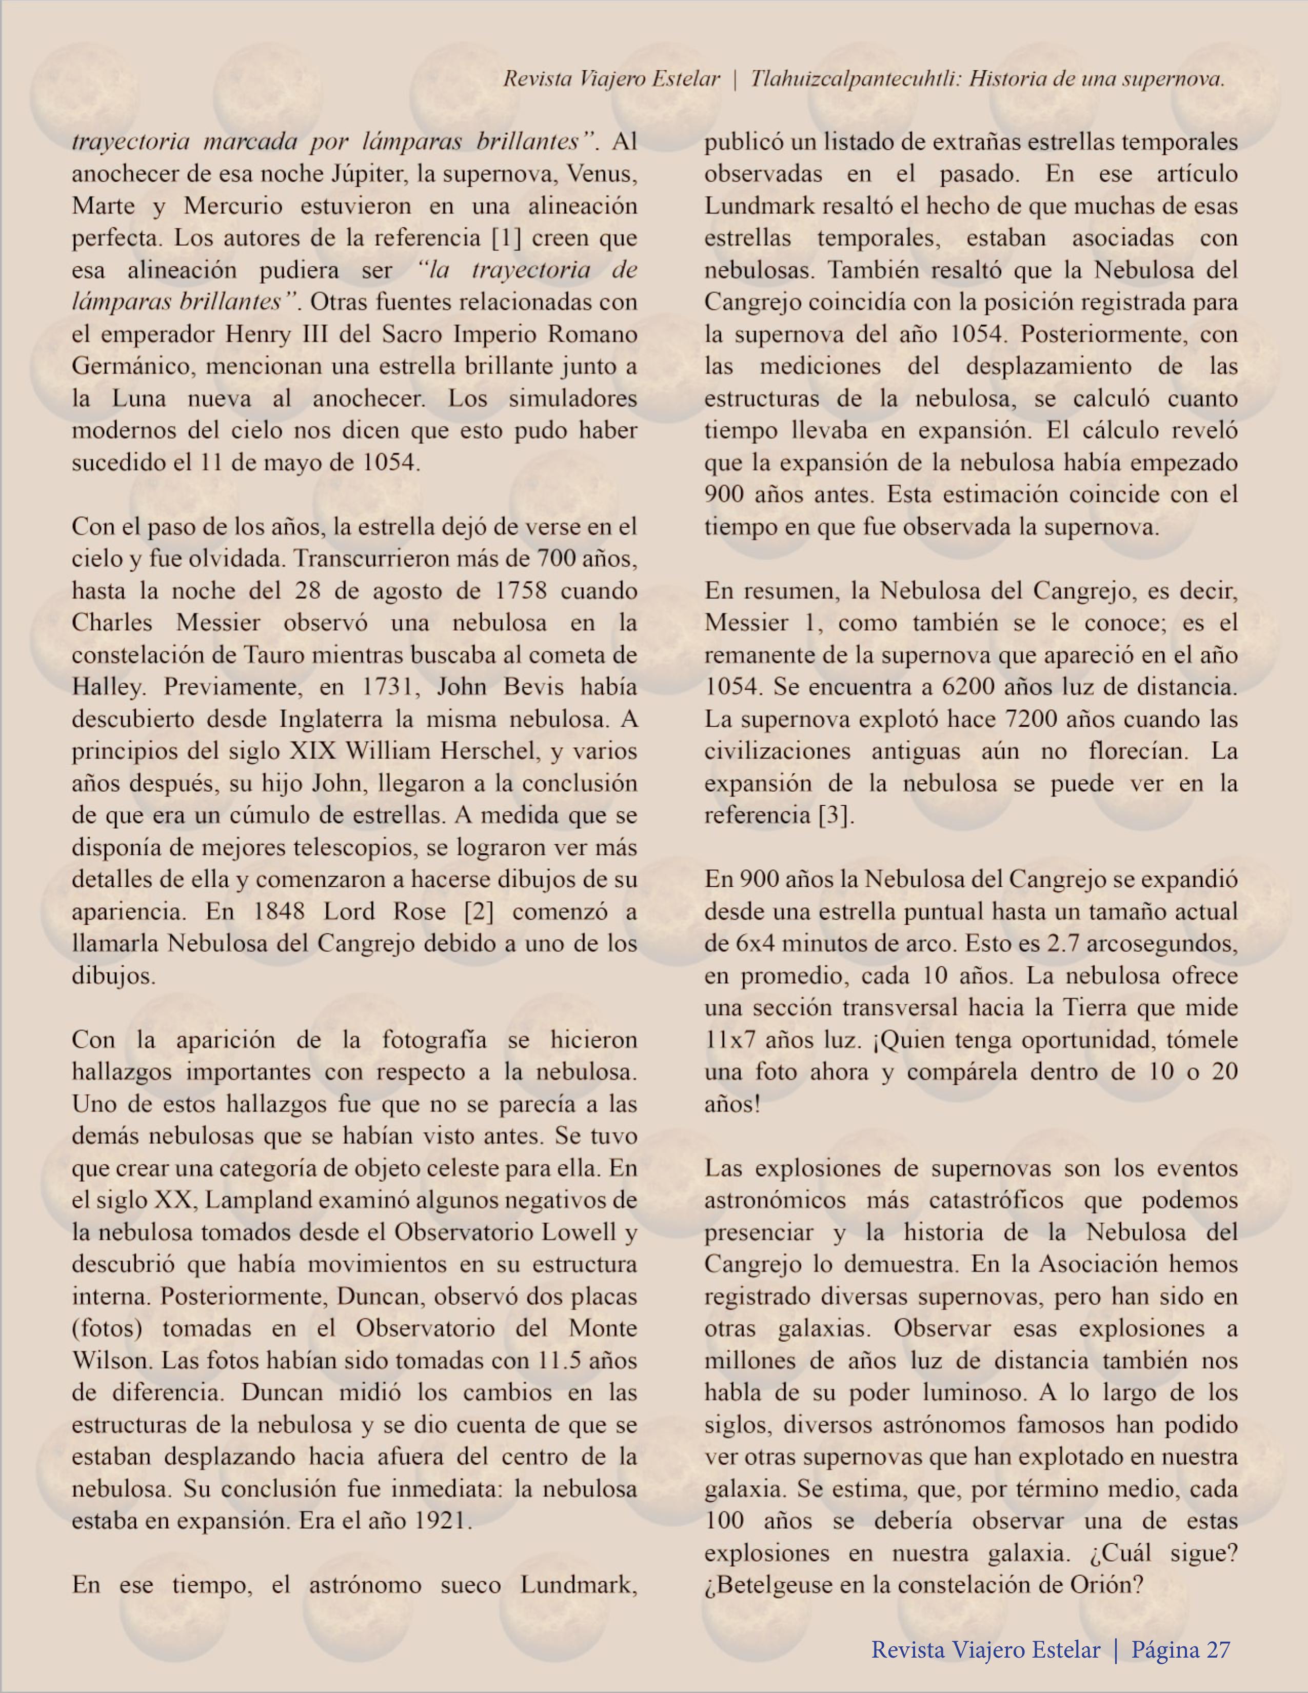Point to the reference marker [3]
point(837,815)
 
